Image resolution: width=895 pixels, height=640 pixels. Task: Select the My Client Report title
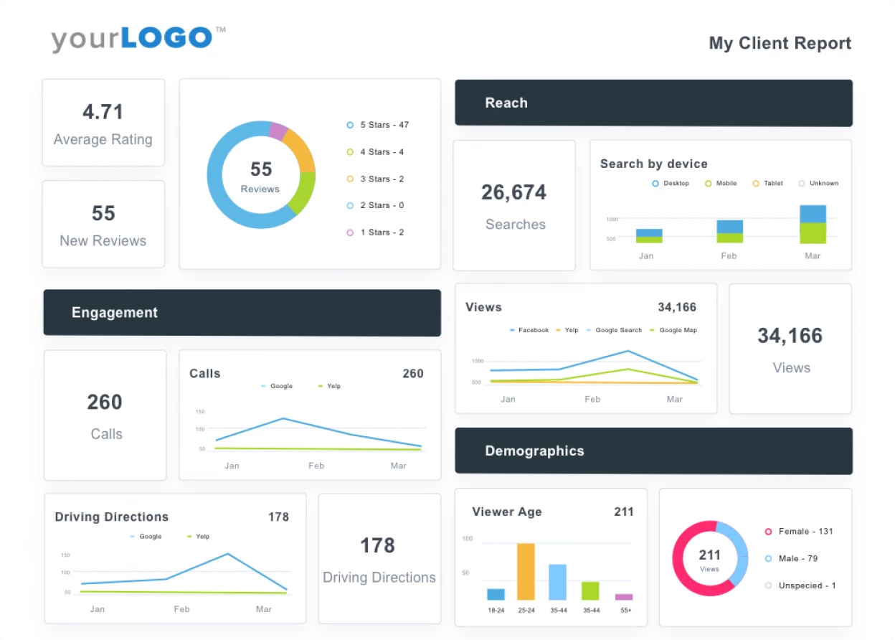[x=780, y=43]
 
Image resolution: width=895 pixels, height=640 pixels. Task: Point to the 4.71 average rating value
[x=103, y=112]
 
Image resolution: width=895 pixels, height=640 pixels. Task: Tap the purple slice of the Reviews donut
[x=278, y=131]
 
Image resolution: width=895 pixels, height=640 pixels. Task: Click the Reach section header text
[x=506, y=103]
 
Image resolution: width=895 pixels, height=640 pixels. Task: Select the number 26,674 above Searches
[x=513, y=192]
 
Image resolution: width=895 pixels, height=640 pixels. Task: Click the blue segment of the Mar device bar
[x=813, y=214]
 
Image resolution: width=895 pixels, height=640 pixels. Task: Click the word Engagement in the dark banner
[x=115, y=313]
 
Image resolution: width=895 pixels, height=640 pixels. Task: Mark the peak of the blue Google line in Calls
[x=283, y=418]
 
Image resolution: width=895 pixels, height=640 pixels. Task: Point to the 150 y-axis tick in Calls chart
[x=200, y=412]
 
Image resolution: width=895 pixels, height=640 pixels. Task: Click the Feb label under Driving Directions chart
[x=181, y=609]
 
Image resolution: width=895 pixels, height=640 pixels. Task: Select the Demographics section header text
[x=534, y=451]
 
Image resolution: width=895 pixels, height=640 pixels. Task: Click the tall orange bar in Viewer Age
[x=526, y=571]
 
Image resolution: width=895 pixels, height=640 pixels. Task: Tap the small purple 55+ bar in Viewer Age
[x=624, y=596]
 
